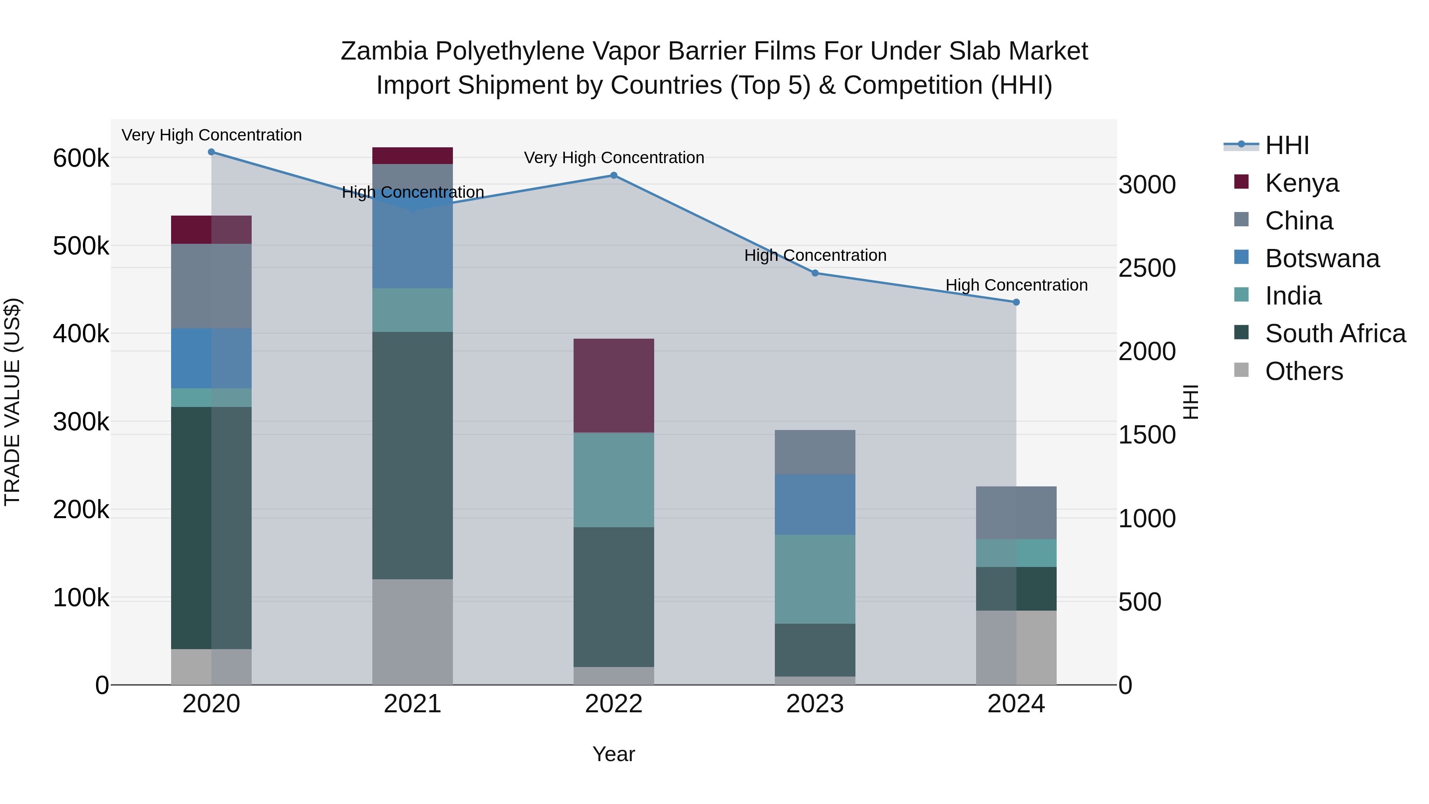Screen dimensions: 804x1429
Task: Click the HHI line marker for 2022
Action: (614, 175)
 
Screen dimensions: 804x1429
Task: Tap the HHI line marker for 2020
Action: (211, 152)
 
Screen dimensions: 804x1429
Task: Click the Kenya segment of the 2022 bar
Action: (614, 386)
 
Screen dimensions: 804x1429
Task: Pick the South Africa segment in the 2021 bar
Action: (412, 455)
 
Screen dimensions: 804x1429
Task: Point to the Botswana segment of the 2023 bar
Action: (815, 504)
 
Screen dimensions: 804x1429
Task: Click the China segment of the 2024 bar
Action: (1016, 513)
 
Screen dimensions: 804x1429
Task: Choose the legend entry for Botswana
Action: (1322, 258)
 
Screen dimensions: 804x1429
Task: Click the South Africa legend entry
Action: (1335, 334)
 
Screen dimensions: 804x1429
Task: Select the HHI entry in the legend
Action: (1287, 145)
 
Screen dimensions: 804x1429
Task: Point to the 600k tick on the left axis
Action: (81, 158)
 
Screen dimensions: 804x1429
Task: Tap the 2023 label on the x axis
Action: (815, 704)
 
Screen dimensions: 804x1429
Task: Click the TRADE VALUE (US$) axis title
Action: (12, 402)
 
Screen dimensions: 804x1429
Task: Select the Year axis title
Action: (614, 754)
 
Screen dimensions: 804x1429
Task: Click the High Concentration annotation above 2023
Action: (815, 255)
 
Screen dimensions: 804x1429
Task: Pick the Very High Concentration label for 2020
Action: (211, 135)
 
